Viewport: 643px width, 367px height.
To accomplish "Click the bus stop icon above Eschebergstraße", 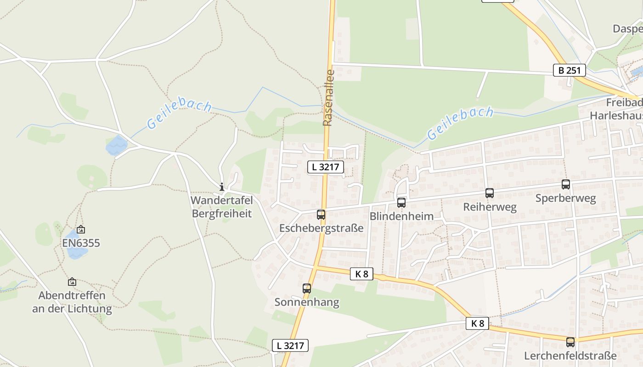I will pyautogui.click(x=321, y=214).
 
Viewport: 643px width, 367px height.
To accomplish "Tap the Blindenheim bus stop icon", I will pyautogui.click(x=401, y=202).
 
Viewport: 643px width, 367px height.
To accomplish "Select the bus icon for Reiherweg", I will pyautogui.click(x=490, y=193).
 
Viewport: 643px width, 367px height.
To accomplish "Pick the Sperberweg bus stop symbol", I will pyautogui.click(x=566, y=184).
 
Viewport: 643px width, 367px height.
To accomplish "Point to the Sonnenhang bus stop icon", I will pyautogui.click(x=307, y=289).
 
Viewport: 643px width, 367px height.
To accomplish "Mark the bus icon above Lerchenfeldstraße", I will pyautogui.click(x=570, y=342).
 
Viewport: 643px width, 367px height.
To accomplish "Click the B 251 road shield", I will pyautogui.click(x=569, y=70).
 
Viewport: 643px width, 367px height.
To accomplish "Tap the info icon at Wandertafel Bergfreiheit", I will pyautogui.click(x=222, y=187).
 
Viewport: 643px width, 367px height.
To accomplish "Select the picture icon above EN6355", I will pyautogui.click(x=81, y=229).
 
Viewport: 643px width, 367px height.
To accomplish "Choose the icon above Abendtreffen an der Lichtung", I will pyautogui.click(x=72, y=282).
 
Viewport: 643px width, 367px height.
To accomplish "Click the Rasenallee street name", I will pyautogui.click(x=328, y=97).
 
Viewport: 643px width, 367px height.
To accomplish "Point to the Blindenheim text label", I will pyautogui.click(x=401, y=216).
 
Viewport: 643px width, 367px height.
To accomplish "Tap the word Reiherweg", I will pyautogui.click(x=490, y=207).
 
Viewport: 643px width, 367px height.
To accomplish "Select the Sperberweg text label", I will pyautogui.click(x=566, y=198).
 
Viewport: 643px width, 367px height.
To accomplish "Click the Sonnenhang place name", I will pyautogui.click(x=307, y=302).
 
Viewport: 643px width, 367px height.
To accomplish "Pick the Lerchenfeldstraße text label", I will pyautogui.click(x=570, y=356).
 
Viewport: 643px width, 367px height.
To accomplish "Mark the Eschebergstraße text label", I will pyautogui.click(x=321, y=228).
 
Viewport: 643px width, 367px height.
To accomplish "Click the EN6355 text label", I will pyautogui.click(x=81, y=243).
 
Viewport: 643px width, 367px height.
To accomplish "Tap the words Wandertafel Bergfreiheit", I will pyautogui.click(x=222, y=207).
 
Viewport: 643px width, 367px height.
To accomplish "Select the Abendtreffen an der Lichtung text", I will pyautogui.click(x=72, y=302).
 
